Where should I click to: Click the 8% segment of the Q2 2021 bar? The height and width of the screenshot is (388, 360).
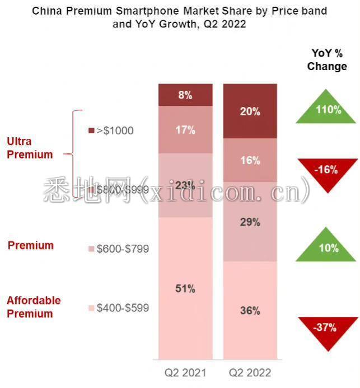pos(185,95)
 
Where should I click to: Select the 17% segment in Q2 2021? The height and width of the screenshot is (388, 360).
pos(185,129)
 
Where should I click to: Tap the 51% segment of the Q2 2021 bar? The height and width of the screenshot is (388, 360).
pos(185,288)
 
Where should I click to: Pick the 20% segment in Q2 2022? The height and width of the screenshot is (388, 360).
pos(250,111)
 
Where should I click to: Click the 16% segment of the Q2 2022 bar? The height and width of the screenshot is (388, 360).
pos(250,160)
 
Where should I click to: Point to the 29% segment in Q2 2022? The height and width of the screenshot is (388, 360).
pos(250,222)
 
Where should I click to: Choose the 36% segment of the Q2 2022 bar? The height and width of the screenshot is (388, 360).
pos(250,310)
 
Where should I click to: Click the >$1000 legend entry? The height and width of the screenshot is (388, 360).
pos(111,130)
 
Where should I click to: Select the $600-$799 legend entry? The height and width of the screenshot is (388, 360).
pos(119,249)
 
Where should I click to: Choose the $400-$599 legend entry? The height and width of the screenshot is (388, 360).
pos(119,308)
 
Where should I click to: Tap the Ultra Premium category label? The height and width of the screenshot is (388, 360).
pos(30,148)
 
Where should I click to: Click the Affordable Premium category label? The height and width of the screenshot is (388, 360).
pos(34,307)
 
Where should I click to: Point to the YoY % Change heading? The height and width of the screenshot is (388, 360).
pos(327,59)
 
